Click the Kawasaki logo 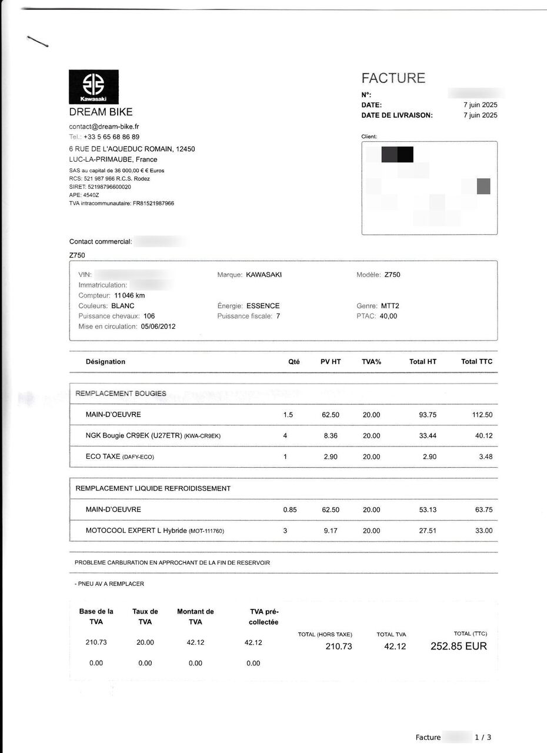pyautogui.click(x=94, y=87)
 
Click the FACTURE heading pyautogui.click(x=393, y=78)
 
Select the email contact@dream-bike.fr pyautogui.click(x=104, y=126)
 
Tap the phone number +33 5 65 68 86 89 pyautogui.click(x=111, y=136)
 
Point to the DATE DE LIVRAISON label pyautogui.click(x=396, y=115)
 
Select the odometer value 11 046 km pyautogui.click(x=129, y=296)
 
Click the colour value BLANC pyautogui.click(x=122, y=306)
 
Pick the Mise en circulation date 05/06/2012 pyautogui.click(x=158, y=326)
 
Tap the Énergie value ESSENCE pyautogui.click(x=263, y=306)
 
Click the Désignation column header pyautogui.click(x=105, y=362)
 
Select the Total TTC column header pyautogui.click(x=476, y=362)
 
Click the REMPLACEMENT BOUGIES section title pyautogui.click(x=121, y=394)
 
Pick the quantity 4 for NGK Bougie pyautogui.click(x=285, y=436)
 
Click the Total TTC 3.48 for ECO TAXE pyautogui.click(x=485, y=457)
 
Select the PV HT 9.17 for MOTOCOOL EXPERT pyautogui.click(x=329, y=531)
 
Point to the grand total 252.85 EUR pyautogui.click(x=459, y=646)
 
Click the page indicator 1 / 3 pyautogui.click(x=482, y=738)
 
